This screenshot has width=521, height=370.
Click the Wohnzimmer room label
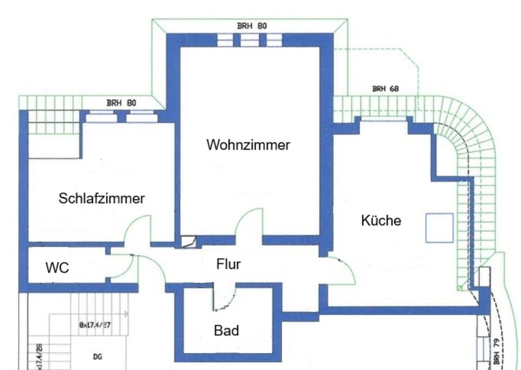click(248, 145)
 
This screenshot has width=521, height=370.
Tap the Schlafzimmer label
click(101, 198)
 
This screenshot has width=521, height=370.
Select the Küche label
click(381, 221)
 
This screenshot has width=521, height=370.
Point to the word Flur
click(228, 265)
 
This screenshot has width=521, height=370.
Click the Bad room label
click(226, 330)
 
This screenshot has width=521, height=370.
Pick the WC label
click(58, 267)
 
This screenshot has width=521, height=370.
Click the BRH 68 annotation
click(385, 88)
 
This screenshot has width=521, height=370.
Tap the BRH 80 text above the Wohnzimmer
click(252, 26)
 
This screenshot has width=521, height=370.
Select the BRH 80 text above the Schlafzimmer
click(121, 102)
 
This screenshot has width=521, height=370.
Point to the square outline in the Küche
click(439, 228)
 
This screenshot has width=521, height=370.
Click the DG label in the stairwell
click(98, 357)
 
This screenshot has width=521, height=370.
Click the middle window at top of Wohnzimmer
click(249, 40)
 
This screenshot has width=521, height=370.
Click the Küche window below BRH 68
click(384, 118)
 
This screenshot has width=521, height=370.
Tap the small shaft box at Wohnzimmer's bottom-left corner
click(188, 242)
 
